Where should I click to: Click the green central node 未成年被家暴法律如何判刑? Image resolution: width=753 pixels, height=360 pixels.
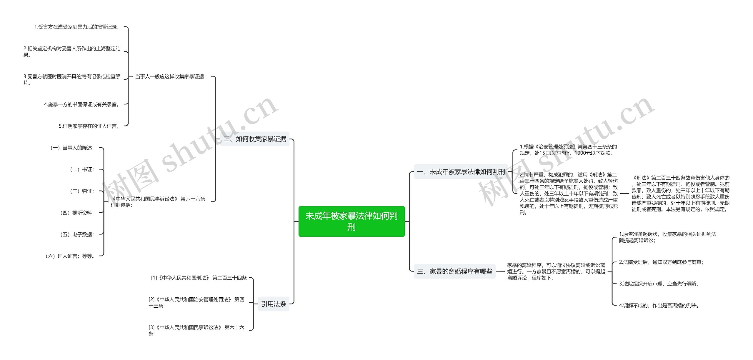click(351, 221)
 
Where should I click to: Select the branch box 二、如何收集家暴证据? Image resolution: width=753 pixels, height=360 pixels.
click(255, 139)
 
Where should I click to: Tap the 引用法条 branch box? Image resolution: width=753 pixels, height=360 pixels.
click(274, 304)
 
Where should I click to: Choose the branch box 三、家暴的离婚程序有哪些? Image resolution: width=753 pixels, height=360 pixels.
click(454, 271)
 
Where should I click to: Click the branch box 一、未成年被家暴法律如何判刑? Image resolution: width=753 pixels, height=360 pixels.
click(461, 172)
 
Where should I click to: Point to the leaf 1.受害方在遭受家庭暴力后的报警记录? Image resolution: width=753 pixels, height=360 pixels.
click(77, 27)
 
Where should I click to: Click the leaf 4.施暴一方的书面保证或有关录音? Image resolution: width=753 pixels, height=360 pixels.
click(82, 104)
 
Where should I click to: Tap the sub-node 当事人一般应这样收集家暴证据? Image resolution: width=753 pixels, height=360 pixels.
click(171, 76)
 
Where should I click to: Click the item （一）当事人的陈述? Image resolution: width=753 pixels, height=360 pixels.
click(72, 148)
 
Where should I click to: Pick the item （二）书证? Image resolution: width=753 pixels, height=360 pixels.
click(82, 169)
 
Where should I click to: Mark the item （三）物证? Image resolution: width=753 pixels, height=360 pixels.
click(82, 191)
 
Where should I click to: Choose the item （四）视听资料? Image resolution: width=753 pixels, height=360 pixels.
click(77, 213)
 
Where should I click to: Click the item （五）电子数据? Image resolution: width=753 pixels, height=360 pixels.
click(77, 234)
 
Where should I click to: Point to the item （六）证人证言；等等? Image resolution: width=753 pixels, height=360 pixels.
click(70, 256)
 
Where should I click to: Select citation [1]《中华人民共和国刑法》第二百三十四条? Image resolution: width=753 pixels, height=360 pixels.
click(199, 278)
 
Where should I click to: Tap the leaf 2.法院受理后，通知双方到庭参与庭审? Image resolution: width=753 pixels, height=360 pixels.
click(661, 262)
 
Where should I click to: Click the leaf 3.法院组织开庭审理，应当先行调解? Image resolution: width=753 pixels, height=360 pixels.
click(659, 284)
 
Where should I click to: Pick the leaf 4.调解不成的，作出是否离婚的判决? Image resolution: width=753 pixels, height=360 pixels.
click(659, 306)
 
